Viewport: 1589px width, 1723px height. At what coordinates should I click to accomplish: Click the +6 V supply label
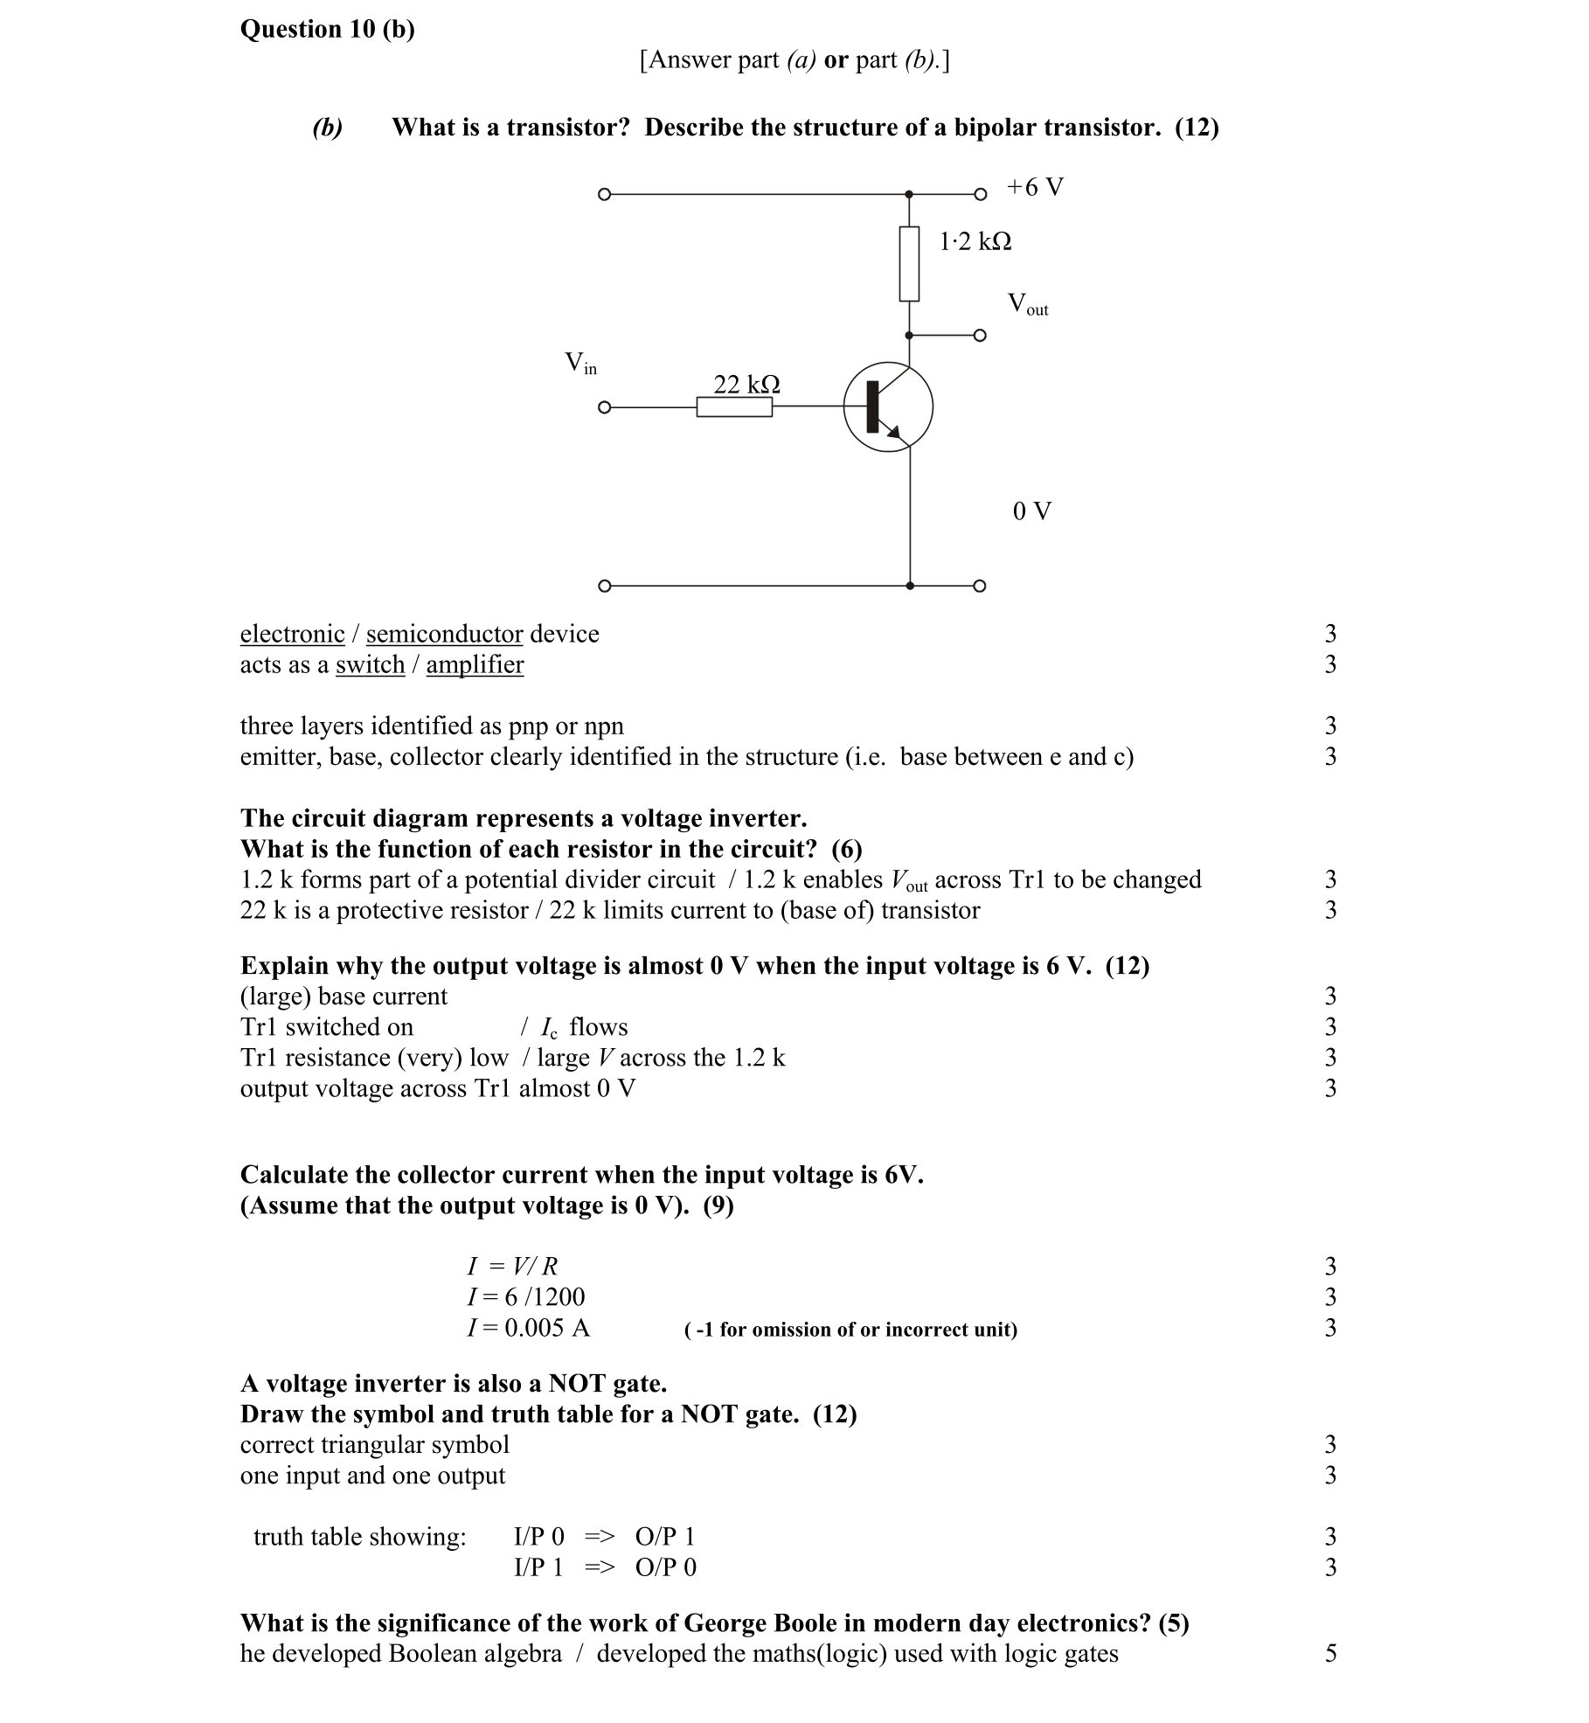[1034, 187]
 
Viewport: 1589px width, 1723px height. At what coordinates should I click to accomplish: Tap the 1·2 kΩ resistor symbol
[909, 263]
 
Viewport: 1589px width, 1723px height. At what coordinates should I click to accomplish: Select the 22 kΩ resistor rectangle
[734, 407]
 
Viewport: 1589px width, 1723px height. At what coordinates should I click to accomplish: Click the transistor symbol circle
[888, 407]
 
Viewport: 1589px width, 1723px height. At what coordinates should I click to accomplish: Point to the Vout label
[1027, 304]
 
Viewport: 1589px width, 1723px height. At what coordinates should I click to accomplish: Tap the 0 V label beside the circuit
[1031, 511]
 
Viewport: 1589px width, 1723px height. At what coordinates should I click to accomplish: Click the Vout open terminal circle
[980, 336]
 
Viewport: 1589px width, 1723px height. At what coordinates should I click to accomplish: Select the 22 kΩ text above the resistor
[746, 384]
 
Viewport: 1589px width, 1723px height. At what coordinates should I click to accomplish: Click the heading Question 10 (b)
[328, 30]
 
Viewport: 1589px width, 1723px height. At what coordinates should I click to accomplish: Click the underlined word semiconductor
[444, 634]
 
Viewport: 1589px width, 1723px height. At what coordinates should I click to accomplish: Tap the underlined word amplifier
[475, 664]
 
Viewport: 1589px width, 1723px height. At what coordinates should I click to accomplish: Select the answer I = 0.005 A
[528, 1328]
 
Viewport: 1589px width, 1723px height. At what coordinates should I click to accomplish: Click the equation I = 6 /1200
[525, 1297]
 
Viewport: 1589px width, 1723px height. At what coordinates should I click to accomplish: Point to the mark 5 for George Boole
[1330, 1654]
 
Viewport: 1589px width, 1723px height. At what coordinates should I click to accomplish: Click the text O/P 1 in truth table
[664, 1537]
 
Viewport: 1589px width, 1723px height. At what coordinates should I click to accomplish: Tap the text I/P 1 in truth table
[538, 1567]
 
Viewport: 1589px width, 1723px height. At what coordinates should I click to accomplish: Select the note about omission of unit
[850, 1330]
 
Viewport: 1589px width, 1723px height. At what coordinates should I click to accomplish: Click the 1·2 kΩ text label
[975, 241]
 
